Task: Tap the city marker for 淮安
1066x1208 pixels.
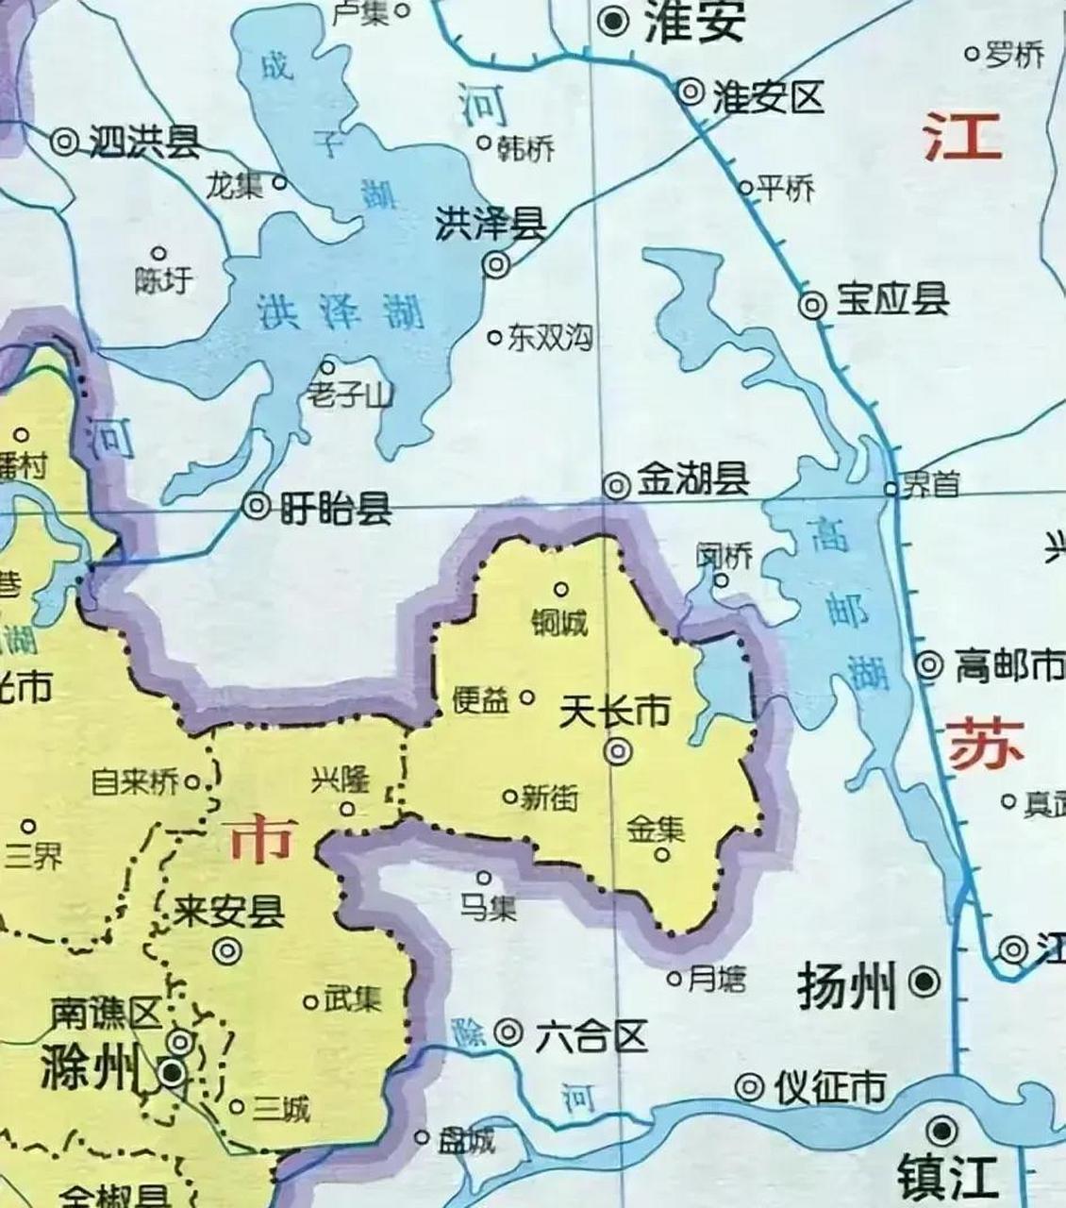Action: pyautogui.click(x=616, y=19)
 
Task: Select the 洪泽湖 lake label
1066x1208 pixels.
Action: pyautogui.click(x=340, y=312)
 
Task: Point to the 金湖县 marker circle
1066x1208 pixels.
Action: pyautogui.click(x=617, y=485)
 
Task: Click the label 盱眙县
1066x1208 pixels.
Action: pyautogui.click(x=335, y=510)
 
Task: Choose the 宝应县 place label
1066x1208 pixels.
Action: pyautogui.click(x=892, y=301)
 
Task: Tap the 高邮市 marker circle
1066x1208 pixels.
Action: pyautogui.click(x=929, y=665)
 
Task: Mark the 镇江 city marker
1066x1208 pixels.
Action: pyautogui.click(x=941, y=1130)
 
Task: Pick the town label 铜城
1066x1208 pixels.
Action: pyautogui.click(x=560, y=623)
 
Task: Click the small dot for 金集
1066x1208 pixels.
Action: pyautogui.click(x=662, y=855)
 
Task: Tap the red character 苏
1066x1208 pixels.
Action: pyautogui.click(x=985, y=743)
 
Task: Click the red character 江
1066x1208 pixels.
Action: pyautogui.click(x=962, y=136)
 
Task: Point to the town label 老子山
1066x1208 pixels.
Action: pyautogui.click(x=348, y=395)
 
